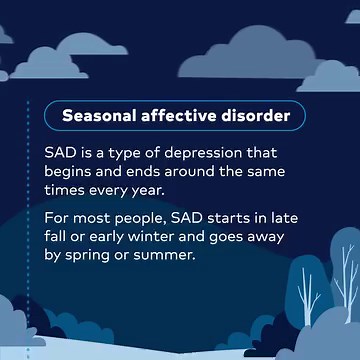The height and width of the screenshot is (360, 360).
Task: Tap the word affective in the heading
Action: tap(177, 116)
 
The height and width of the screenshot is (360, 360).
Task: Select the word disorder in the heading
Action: tap(254, 116)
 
